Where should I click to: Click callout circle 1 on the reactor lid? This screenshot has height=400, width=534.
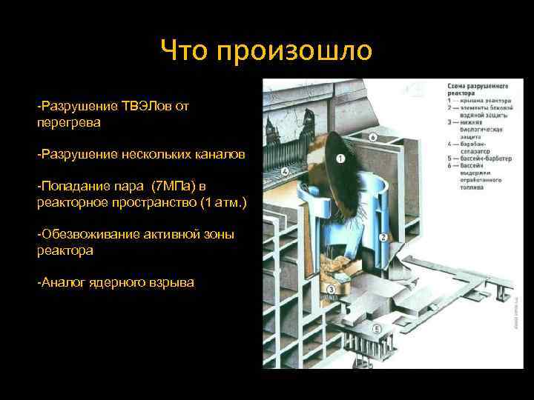pos(340,159)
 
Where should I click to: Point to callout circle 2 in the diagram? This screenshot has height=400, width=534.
pos(383,237)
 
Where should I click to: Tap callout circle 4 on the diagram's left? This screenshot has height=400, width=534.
pos(286,172)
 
